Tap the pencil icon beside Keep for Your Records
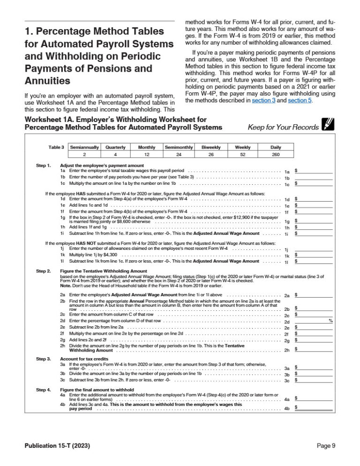[327, 125]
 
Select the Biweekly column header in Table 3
[211, 147]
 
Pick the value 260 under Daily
[276, 155]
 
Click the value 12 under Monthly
[146, 155]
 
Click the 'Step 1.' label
[44, 165]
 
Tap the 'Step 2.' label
[44, 271]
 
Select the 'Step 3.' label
[44, 359]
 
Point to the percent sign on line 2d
[330, 321]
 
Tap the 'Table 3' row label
[56, 147]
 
